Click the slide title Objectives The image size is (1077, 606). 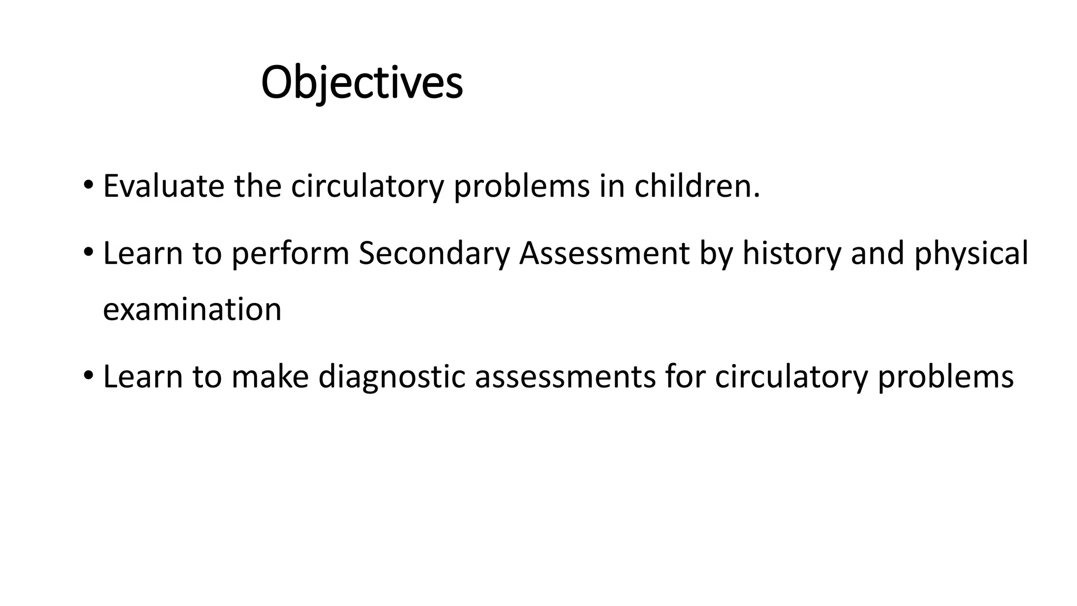click(362, 83)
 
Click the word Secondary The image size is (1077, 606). click(434, 253)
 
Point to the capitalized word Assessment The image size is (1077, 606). click(604, 253)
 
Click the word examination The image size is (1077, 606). click(192, 309)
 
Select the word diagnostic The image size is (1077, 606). click(392, 377)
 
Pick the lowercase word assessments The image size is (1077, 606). click(565, 377)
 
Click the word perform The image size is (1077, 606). click(290, 253)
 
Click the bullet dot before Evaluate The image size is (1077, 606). click(88, 186)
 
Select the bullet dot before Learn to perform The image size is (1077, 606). click(88, 253)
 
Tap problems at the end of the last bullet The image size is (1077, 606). click(946, 377)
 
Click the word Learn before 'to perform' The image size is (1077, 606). click(143, 253)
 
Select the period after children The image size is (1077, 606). click(757, 196)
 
